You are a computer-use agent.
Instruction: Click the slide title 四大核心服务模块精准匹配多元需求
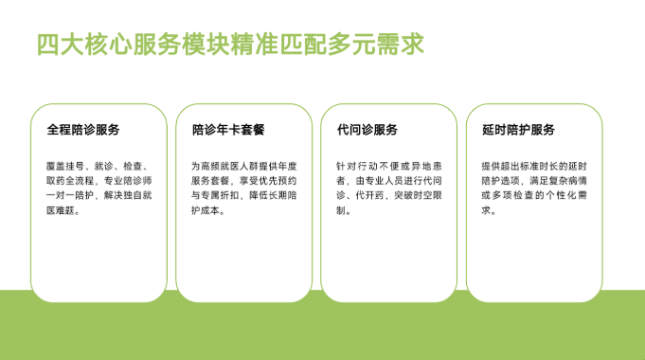tap(230, 45)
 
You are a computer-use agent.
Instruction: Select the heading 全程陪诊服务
tap(83, 130)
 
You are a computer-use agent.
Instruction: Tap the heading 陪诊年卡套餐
tap(228, 130)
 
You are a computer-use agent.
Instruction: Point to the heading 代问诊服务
tap(367, 130)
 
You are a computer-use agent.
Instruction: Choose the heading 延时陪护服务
tap(518, 130)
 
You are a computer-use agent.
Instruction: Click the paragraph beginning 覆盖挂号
tap(99, 188)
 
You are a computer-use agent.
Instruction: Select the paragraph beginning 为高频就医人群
tap(244, 188)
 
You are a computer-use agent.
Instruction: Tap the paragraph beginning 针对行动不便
tap(389, 188)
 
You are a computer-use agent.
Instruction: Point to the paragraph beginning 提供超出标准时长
tap(534, 188)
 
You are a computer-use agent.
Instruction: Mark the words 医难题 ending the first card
tap(60, 210)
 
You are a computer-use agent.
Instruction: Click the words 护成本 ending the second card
tap(206, 210)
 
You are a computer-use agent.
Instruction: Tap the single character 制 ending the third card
tap(341, 210)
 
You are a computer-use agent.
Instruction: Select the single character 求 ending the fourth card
tap(486, 210)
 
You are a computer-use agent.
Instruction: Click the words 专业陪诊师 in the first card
tap(128, 181)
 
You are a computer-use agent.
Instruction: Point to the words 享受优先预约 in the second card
tap(268, 181)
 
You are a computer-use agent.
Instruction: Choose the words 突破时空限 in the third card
tap(418, 195)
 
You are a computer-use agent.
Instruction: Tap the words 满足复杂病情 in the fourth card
tap(558, 181)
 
